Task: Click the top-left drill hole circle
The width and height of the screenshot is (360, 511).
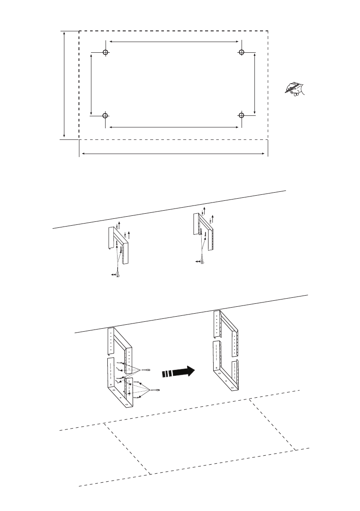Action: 106,52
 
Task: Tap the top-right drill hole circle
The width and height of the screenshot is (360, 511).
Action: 242,52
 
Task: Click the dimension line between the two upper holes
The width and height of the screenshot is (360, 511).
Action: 174,42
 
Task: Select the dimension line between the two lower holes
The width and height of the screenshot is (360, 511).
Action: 174,127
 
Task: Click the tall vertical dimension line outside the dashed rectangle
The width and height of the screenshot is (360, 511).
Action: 64,84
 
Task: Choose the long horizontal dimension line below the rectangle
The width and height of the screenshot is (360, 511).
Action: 173,153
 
